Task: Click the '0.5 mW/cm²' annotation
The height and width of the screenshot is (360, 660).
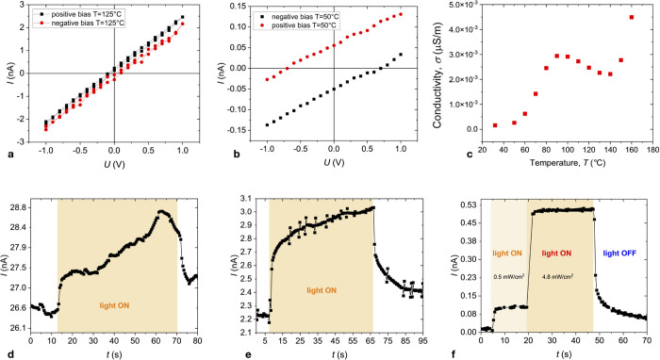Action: (508, 277)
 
